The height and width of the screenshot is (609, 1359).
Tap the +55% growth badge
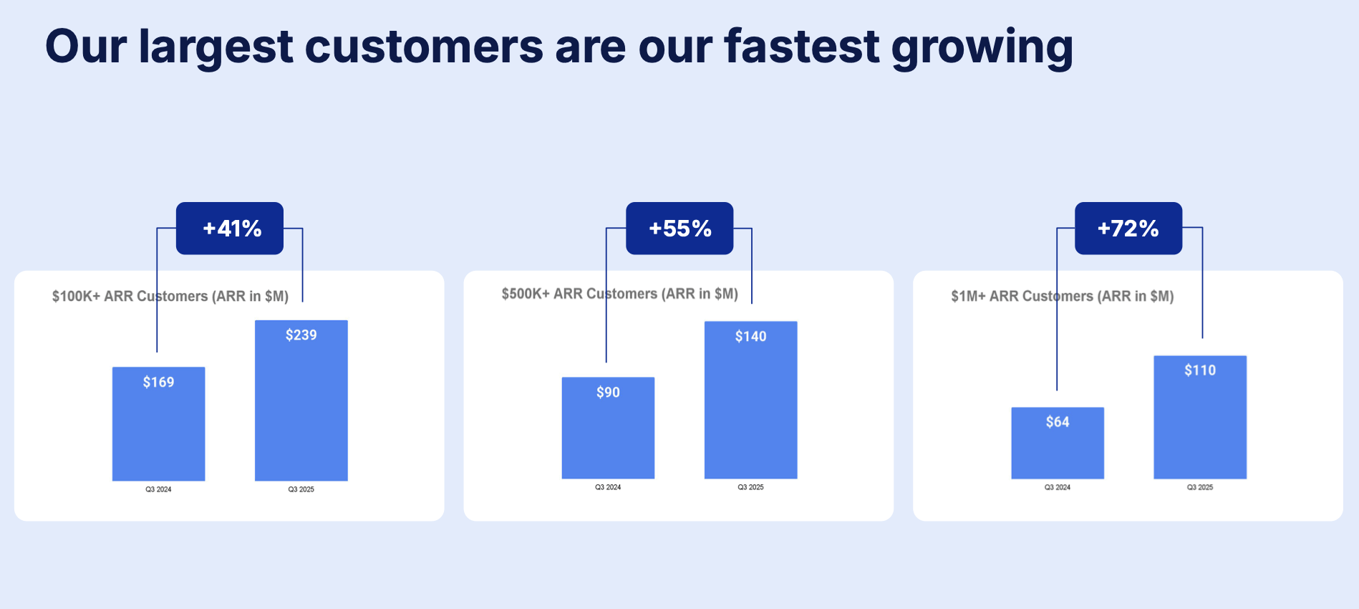point(679,229)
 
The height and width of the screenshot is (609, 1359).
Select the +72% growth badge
point(1128,229)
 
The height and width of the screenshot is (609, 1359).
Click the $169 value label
point(158,382)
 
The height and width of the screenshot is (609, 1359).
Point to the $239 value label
point(301,335)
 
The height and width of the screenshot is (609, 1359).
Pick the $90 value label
point(608,392)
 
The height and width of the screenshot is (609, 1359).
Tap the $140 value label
point(750,336)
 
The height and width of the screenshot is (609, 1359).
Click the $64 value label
point(1057,422)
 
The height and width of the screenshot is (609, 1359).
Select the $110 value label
point(1200,370)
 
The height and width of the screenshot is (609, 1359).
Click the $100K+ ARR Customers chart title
point(170,296)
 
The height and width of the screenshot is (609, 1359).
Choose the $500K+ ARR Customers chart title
point(619,294)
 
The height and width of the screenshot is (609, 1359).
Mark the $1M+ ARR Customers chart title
point(1062,296)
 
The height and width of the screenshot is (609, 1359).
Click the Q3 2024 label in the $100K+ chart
point(158,489)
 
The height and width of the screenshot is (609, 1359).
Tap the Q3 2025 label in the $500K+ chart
point(750,487)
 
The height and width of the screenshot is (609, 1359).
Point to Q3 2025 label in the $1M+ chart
point(1200,487)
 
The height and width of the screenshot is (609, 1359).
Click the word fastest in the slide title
point(801,47)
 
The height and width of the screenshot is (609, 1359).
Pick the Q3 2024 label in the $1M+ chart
point(1057,487)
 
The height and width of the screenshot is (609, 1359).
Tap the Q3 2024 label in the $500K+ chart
point(608,487)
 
